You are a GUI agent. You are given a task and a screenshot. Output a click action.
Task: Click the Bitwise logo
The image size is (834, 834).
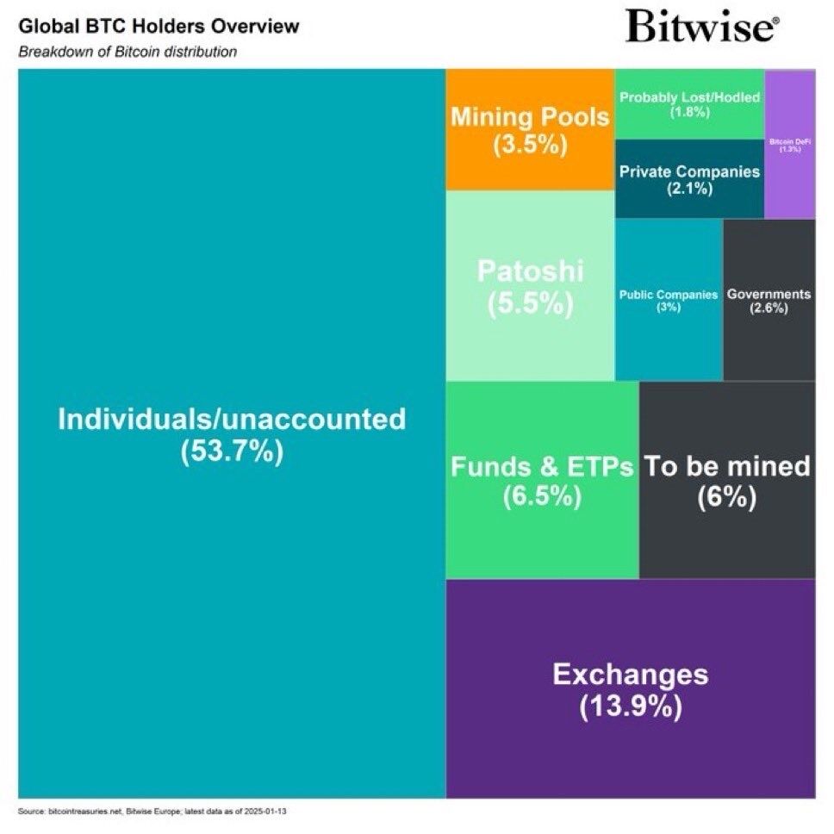[702, 27]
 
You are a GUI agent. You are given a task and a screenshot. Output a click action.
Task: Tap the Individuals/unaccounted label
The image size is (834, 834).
[231, 420]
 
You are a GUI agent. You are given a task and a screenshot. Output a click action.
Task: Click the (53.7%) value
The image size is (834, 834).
[232, 451]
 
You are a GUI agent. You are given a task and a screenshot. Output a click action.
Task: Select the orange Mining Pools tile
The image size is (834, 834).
[530, 129]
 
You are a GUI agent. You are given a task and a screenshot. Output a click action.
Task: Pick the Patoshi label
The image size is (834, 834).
[530, 272]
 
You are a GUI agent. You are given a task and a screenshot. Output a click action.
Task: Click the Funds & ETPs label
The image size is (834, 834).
[542, 467]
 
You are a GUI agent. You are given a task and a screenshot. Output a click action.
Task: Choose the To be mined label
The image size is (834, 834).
[728, 466]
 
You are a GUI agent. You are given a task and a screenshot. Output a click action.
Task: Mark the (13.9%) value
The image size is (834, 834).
[631, 706]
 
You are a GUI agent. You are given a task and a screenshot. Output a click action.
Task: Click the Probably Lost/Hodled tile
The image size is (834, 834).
[689, 103]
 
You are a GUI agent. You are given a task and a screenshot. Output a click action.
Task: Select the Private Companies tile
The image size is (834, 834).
[689, 178]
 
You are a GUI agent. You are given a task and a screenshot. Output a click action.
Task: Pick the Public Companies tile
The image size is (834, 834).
[669, 300]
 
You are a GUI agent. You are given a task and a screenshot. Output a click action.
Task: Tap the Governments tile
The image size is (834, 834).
[769, 300]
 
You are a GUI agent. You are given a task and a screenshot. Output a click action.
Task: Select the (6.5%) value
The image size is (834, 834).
[542, 497]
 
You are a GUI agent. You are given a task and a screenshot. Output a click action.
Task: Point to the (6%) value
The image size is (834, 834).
[727, 497]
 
